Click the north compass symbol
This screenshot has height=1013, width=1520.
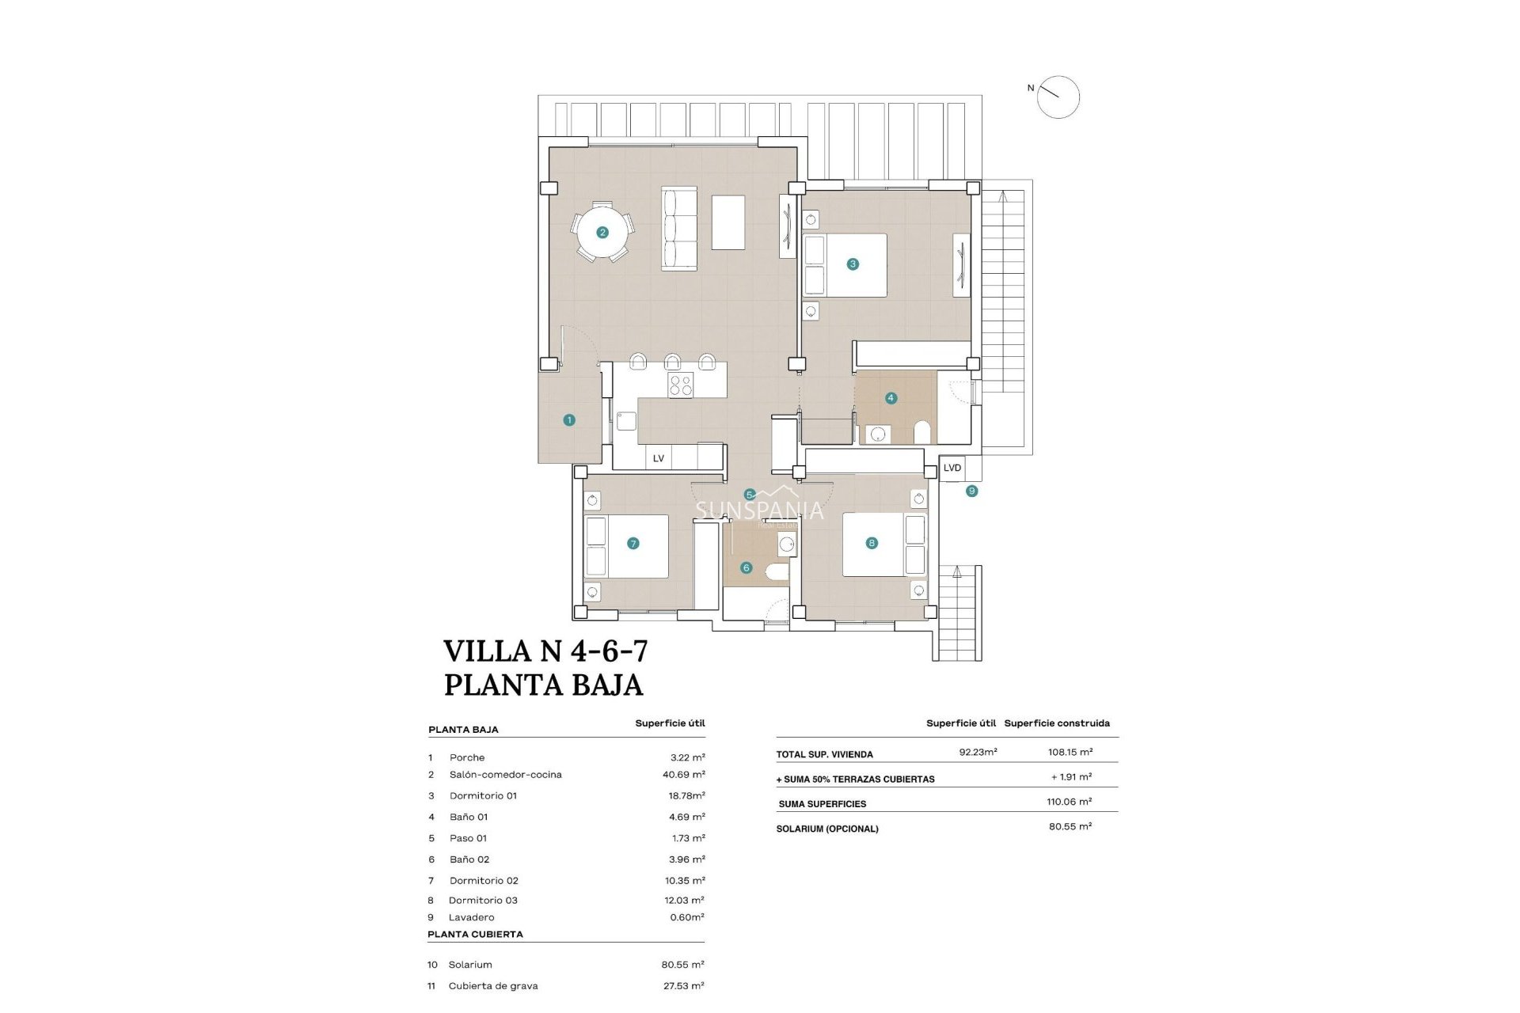[1058, 97]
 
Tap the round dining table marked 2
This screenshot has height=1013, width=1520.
[603, 232]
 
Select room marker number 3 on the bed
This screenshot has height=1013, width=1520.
[853, 264]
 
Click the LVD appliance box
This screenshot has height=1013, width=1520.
[952, 468]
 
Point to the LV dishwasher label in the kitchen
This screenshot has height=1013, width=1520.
[659, 458]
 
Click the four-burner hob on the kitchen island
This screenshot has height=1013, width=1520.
[681, 385]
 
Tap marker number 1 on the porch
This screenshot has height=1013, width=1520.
[569, 420]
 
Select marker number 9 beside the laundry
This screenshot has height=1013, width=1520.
[972, 491]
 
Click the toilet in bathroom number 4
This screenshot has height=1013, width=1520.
[922, 432]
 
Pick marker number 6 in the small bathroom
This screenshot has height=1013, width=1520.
[746, 567]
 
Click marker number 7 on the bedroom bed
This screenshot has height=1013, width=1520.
[633, 543]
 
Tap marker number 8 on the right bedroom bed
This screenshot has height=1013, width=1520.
[872, 543]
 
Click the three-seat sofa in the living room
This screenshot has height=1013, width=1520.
[678, 229]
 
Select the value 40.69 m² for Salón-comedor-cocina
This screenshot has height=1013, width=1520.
[683, 775]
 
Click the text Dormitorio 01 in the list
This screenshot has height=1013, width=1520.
[483, 795]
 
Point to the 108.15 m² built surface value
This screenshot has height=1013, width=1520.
[1070, 752]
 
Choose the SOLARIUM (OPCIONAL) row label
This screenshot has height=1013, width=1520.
[827, 829]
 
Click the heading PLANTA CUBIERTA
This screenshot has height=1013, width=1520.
[475, 934]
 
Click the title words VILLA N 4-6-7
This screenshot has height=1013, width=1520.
[545, 651]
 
